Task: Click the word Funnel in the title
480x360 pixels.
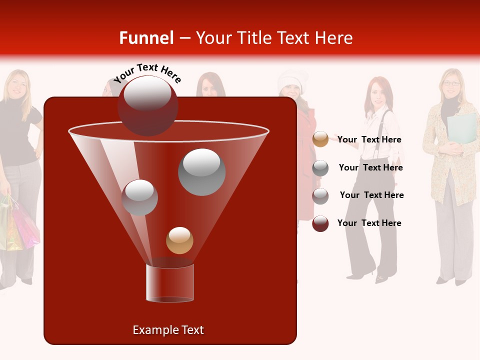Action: pos(146,38)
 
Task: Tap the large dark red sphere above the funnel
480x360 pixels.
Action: pos(147,105)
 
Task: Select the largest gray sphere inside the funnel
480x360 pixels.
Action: pos(201,171)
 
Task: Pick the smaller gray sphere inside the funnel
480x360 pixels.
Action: pos(139,197)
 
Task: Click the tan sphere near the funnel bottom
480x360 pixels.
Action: pos(179,240)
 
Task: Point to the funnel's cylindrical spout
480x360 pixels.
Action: pos(169,282)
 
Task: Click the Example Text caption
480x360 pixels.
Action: pos(168,330)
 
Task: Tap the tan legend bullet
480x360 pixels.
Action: pos(320,139)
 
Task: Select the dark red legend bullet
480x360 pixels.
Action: pos(320,223)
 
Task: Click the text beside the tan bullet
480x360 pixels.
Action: pos(369,140)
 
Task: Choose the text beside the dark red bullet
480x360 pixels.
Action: pos(369,223)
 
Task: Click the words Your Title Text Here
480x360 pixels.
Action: pos(274,38)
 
